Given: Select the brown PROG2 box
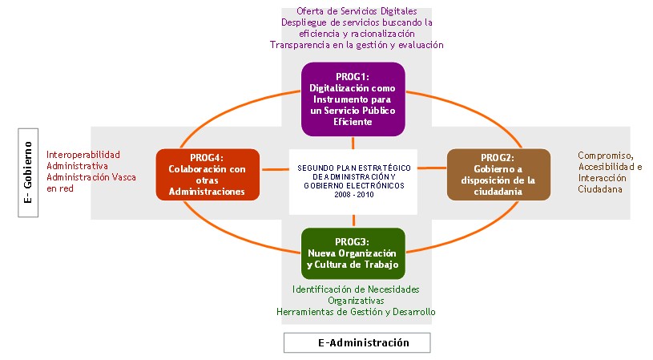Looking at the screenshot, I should [498, 174].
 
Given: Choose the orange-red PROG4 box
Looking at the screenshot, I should [208, 174].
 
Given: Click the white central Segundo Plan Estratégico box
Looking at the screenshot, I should [353, 181].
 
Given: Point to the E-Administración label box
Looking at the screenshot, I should [357, 342].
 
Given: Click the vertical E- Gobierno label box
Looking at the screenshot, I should [28, 172].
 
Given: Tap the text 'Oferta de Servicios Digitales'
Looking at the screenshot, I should [357, 12].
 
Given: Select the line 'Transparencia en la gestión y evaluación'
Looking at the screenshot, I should [357, 46].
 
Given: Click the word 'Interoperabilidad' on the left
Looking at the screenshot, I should [83, 153].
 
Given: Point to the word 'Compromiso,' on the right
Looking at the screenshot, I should [606, 155].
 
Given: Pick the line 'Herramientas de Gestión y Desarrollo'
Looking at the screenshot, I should [357, 311].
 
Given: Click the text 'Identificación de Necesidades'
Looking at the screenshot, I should [357, 289].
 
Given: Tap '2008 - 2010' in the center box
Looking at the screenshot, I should [353, 195].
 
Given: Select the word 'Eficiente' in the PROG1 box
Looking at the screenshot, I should [353, 123].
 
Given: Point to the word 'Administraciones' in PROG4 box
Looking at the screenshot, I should [208, 192].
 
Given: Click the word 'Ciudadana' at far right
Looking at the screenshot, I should [601, 189].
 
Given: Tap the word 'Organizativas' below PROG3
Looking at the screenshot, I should [357, 300].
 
